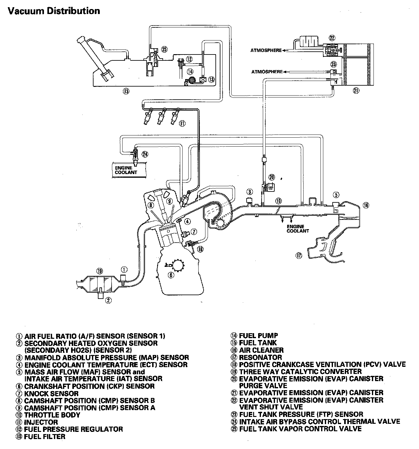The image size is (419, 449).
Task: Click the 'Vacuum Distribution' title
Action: tap(54, 11)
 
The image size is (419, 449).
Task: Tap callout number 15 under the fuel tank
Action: tap(126, 91)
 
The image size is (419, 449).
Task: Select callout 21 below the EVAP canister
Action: tap(356, 91)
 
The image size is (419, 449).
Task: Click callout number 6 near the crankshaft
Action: tap(170, 275)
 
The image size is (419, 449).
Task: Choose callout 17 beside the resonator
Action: tap(299, 256)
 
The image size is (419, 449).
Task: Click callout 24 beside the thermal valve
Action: tap(145, 154)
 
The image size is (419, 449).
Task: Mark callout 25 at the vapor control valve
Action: tap(164, 49)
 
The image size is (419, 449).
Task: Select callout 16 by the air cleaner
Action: tap(366, 205)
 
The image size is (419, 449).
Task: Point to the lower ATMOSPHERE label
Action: tap(267, 72)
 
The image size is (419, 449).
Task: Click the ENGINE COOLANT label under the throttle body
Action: tap(298, 229)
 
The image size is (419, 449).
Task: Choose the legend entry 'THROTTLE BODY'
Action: tap(52, 415)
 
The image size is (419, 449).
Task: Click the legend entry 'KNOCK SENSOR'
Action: tap(51, 394)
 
